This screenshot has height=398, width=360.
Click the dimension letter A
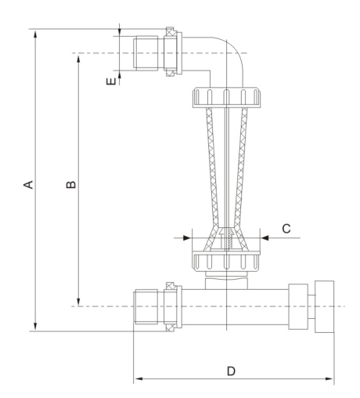point(28,184)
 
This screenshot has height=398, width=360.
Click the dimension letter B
point(70,184)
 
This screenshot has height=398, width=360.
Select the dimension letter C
point(286,229)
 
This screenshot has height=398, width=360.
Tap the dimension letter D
point(231,371)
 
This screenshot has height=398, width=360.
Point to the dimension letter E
point(111,81)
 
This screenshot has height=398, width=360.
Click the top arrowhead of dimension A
point(36,34)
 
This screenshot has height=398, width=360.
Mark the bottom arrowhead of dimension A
point(36,327)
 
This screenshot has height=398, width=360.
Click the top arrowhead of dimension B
point(78,58)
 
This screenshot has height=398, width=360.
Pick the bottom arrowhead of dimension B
point(78,302)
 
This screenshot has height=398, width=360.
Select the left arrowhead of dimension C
point(187,238)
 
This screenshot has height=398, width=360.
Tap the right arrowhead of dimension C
point(265,238)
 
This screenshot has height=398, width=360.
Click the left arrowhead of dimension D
point(138,378)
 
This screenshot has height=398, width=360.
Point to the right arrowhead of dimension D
point(329,378)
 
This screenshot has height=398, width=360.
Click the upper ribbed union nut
point(226,97)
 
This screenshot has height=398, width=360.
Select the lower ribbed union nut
point(226,262)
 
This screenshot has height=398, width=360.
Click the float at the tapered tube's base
point(226,239)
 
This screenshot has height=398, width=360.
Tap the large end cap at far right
point(325,306)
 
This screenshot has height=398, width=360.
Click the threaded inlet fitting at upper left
point(146,53)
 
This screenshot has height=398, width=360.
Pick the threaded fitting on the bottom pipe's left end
point(146,306)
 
